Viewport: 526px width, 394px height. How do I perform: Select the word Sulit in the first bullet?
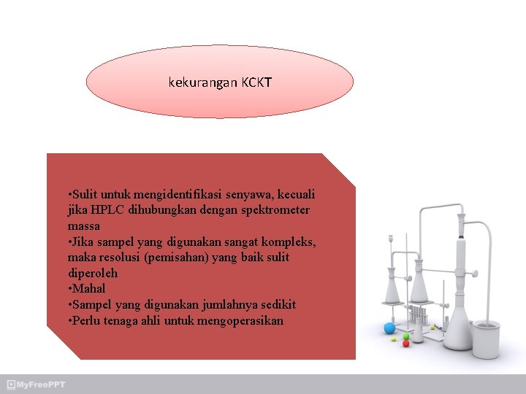coord(84,195)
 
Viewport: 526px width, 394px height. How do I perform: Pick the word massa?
coord(83,226)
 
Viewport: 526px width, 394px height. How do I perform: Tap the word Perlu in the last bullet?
coord(87,320)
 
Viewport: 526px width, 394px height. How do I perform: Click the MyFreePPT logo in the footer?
coord(36,385)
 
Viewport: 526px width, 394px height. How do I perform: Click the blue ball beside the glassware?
coord(389,328)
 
